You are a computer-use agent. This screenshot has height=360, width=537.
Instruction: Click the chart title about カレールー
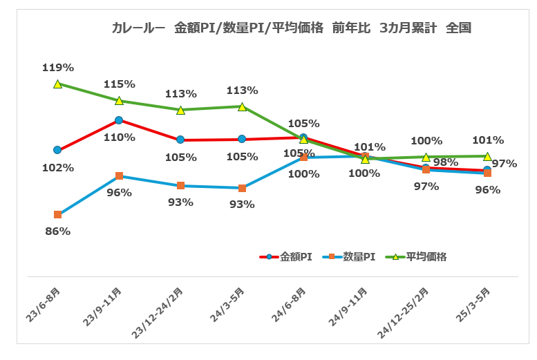pos(291,28)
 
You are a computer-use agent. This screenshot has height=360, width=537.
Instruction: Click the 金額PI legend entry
pos(286,256)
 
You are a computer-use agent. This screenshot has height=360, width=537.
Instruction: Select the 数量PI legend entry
pos(352,256)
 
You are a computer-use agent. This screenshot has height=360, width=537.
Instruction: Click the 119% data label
pos(57,68)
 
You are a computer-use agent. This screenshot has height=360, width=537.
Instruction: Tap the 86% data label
pos(57,231)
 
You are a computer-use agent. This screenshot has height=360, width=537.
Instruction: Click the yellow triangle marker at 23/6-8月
pos(57,84)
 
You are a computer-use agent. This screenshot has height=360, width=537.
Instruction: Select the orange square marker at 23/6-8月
pos(57,215)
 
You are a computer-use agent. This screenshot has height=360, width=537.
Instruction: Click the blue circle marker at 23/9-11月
pos(119,120)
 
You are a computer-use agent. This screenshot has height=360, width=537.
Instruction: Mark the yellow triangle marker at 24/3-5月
pos(242,106)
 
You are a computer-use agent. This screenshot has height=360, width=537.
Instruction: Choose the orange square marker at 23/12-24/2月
pos(180,186)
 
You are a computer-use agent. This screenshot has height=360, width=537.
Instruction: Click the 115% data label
pos(120,84)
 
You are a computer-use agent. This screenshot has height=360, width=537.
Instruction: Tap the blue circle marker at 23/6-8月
pos(57,150)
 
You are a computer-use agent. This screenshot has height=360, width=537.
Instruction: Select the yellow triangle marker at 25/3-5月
pos(487,156)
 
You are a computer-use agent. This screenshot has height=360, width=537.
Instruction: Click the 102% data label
pos(57,167)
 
